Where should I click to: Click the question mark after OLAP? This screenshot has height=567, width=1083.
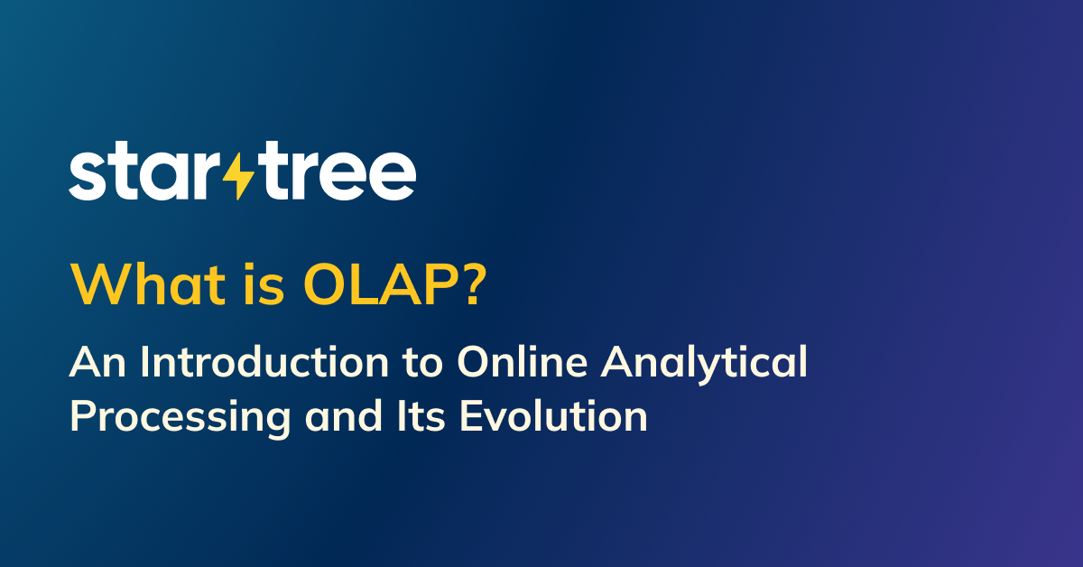tap(471, 284)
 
